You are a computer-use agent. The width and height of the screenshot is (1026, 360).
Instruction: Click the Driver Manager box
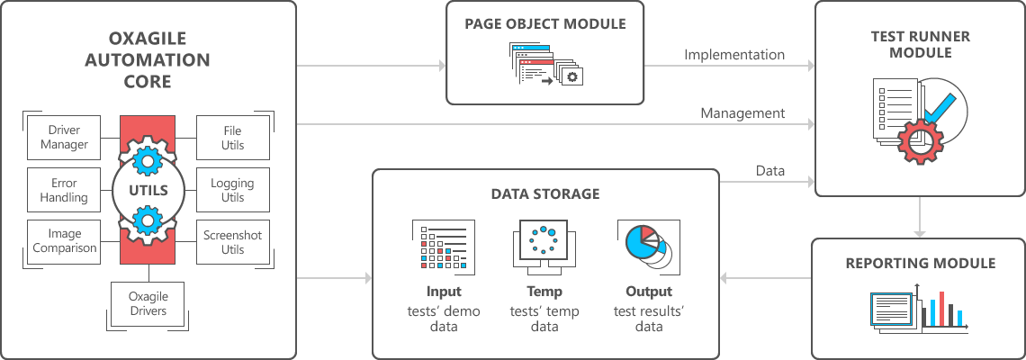coord(68,138)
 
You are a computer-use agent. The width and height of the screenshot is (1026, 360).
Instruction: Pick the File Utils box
coord(232,138)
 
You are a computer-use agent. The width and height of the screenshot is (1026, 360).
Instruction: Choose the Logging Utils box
coord(232,190)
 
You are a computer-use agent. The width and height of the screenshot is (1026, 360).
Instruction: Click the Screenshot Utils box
coord(232,241)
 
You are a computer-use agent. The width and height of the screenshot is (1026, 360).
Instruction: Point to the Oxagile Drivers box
coord(148,304)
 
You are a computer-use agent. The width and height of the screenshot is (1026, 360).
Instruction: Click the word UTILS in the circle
coord(148,190)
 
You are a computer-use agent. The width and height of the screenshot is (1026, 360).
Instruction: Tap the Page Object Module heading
coord(545,24)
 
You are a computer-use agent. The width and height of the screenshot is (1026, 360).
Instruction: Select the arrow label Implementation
coord(733,55)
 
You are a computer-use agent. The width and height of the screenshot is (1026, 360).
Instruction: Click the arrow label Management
coord(742,113)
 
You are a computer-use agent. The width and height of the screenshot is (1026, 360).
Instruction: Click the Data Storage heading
coord(545,193)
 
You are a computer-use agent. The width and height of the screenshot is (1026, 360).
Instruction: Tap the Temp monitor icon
coord(544,242)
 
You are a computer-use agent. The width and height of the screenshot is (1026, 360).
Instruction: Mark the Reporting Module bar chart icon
coord(943,308)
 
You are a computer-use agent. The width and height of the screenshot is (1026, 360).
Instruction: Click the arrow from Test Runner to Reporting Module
coord(919,217)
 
